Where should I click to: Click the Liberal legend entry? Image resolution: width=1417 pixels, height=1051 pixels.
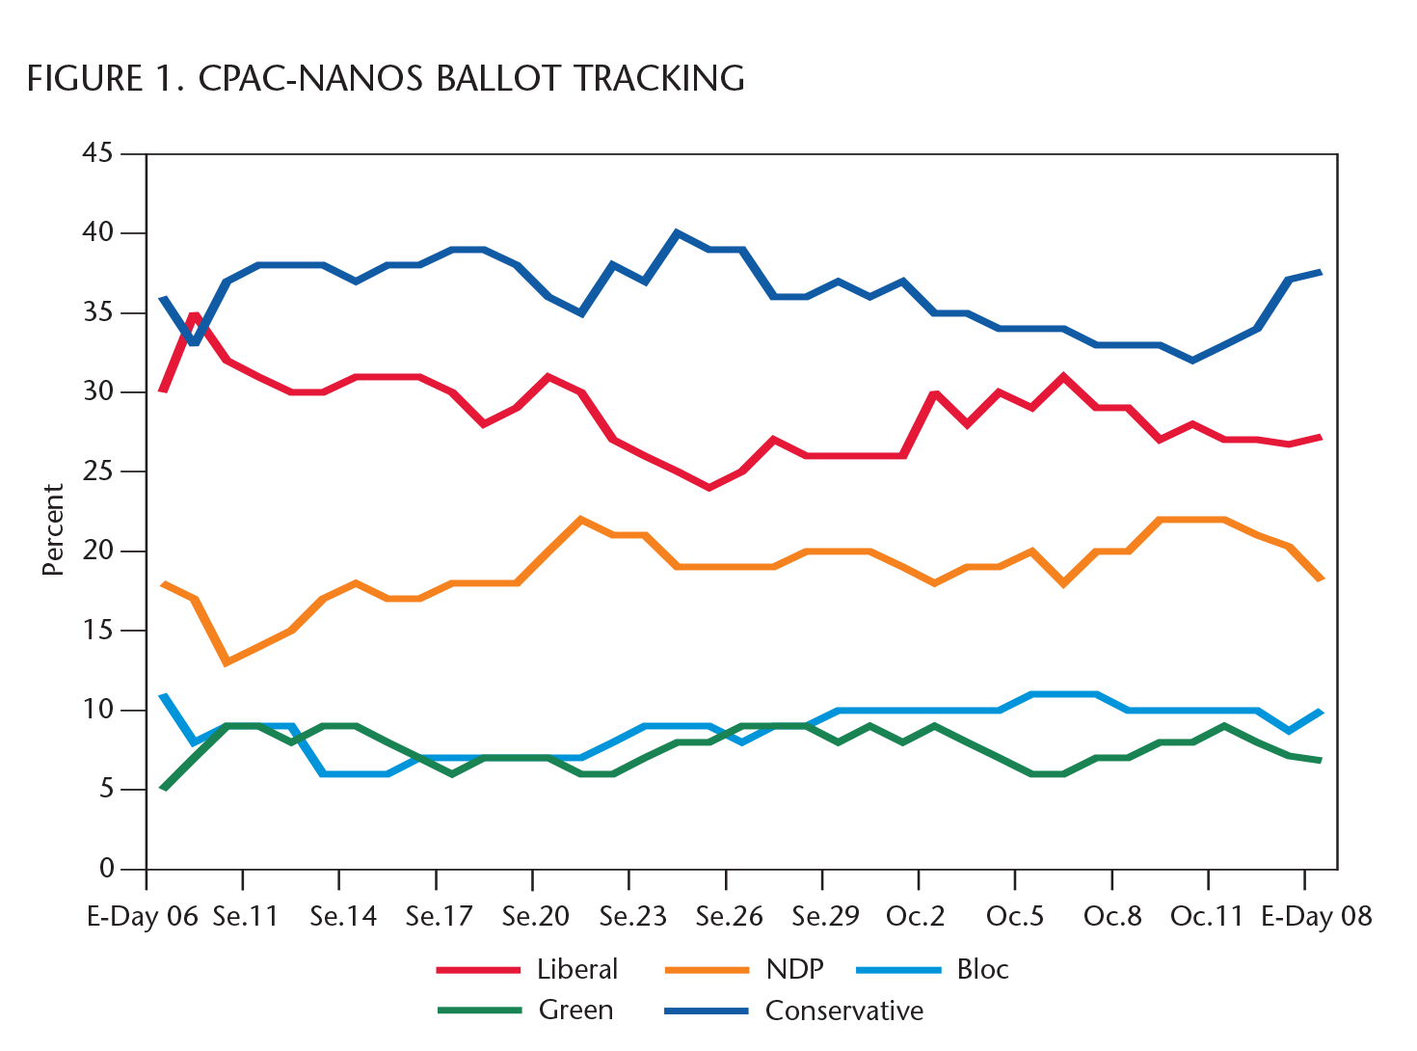576,969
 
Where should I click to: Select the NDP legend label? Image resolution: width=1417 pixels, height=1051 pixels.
794,969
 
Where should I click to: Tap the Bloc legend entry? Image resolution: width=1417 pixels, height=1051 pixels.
982,969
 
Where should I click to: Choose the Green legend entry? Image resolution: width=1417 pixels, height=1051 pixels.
575,1011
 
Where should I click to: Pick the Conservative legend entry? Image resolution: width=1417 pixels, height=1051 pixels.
843,1011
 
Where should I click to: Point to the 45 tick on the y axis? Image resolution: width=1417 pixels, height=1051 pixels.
98,153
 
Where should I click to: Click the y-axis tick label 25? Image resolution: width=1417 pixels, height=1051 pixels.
98,472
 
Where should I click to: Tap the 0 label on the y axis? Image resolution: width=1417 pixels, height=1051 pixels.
106,869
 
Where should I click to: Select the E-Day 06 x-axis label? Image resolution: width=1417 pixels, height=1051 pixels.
143,916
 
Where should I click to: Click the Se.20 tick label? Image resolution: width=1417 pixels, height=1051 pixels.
535,916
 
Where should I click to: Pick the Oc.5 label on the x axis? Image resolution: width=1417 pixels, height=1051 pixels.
1015,916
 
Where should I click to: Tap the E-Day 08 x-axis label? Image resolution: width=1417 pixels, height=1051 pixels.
1316,916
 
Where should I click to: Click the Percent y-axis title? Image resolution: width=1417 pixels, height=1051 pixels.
53,530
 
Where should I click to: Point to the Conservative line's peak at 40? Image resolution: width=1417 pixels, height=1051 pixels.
677,233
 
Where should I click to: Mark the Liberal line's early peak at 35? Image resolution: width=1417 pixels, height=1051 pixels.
195,315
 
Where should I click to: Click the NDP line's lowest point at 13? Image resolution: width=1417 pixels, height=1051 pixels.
227,662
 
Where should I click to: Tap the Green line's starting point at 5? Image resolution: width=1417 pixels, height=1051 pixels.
164,789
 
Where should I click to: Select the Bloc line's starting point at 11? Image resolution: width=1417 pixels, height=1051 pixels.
164,694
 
